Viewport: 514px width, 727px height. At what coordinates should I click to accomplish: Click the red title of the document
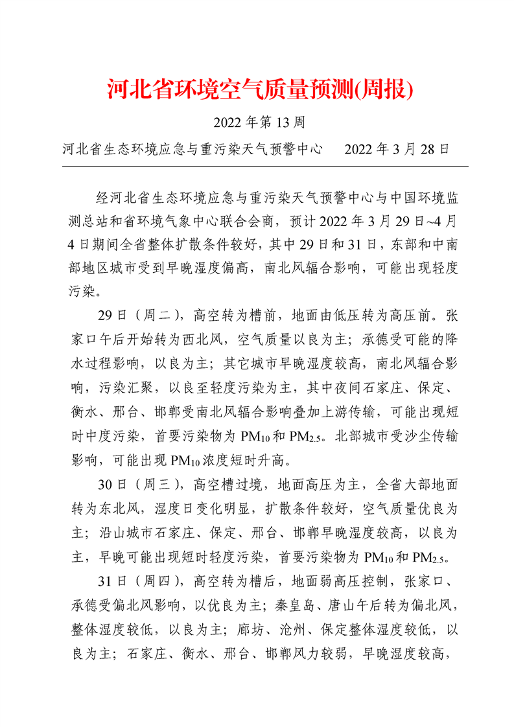(260, 89)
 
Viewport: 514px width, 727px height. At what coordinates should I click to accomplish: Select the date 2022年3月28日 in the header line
(397, 150)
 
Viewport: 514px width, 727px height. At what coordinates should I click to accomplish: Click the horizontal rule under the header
(264, 167)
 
